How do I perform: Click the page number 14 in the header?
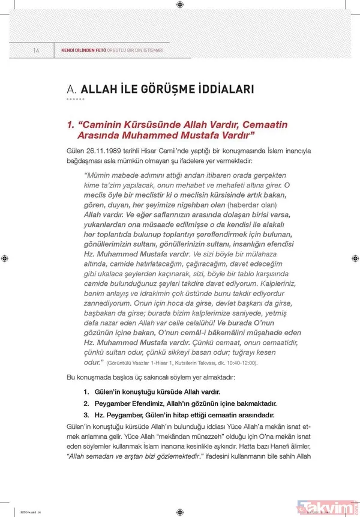click(36, 50)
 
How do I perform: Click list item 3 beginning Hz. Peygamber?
click(179, 415)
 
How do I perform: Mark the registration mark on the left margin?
click(5, 258)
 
